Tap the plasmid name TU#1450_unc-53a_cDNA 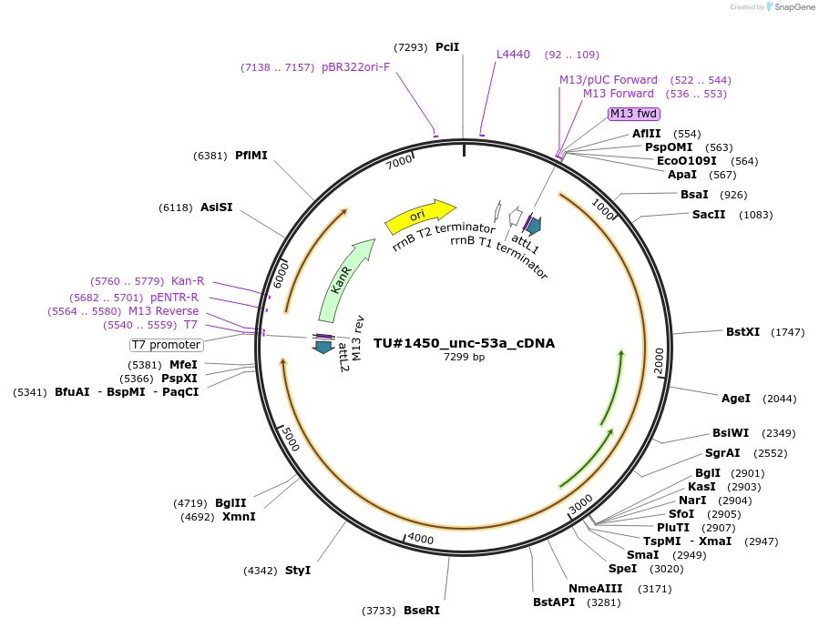pyautogui.click(x=464, y=343)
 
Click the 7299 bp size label pyautogui.click(x=464, y=357)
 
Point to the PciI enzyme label pyautogui.click(x=447, y=46)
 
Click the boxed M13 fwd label pyautogui.click(x=633, y=114)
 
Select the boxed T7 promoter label pyautogui.click(x=166, y=345)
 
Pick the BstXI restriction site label pyautogui.click(x=742, y=332)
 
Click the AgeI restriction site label pyautogui.click(x=736, y=398)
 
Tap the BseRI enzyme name pyautogui.click(x=422, y=611)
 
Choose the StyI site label pyautogui.click(x=298, y=571)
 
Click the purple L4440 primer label pyautogui.click(x=513, y=55)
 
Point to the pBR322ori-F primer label pyautogui.click(x=355, y=67)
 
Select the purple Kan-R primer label pyautogui.click(x=188, y=281)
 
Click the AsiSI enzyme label pyautogui.click(x=217, y=207)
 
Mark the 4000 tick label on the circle pyautogui.click(x=420, y=539)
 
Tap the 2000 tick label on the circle pyautogui.click(x=659, y=360)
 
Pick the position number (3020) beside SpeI pyautogui.click(x=666, y=569)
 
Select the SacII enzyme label pyautogui.click(x=709, y=215)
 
